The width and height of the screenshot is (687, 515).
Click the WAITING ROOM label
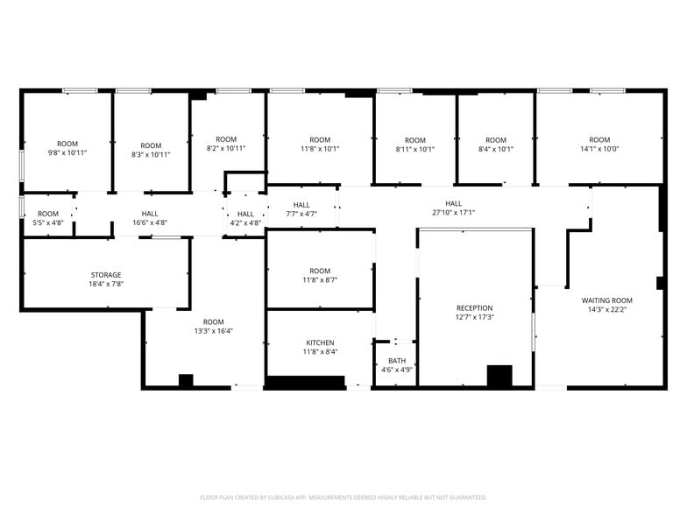[606, 300]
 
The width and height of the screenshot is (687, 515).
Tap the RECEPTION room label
[475, 308]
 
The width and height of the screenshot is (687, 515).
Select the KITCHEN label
[320, 342]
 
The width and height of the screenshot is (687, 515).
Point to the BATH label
[397, 361]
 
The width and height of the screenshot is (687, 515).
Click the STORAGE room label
[106, 275]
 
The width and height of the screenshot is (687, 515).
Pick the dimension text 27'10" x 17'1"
[454, 212]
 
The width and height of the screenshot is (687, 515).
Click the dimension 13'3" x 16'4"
[214, 331]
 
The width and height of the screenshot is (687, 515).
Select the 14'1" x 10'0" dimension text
[599, 149]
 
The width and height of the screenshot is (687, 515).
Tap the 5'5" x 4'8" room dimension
[48, 222]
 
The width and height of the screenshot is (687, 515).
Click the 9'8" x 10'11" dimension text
[67, 152]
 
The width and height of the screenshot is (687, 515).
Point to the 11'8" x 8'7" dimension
[320, 279]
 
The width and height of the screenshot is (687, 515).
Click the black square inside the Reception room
[499, 376]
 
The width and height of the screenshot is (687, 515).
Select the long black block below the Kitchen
[306, 382]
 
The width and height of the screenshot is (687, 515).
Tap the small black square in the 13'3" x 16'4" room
[186, 380]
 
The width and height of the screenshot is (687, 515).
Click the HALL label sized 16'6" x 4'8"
[150, 214]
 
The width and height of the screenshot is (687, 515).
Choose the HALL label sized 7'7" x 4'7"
[301, 205]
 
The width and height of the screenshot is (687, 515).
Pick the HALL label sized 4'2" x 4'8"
[245, 214]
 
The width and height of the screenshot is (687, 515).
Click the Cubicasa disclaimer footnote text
[343, 497]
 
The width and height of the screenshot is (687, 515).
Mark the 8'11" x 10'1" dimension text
[415, 149]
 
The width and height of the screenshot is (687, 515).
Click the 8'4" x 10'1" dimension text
[496, 149]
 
